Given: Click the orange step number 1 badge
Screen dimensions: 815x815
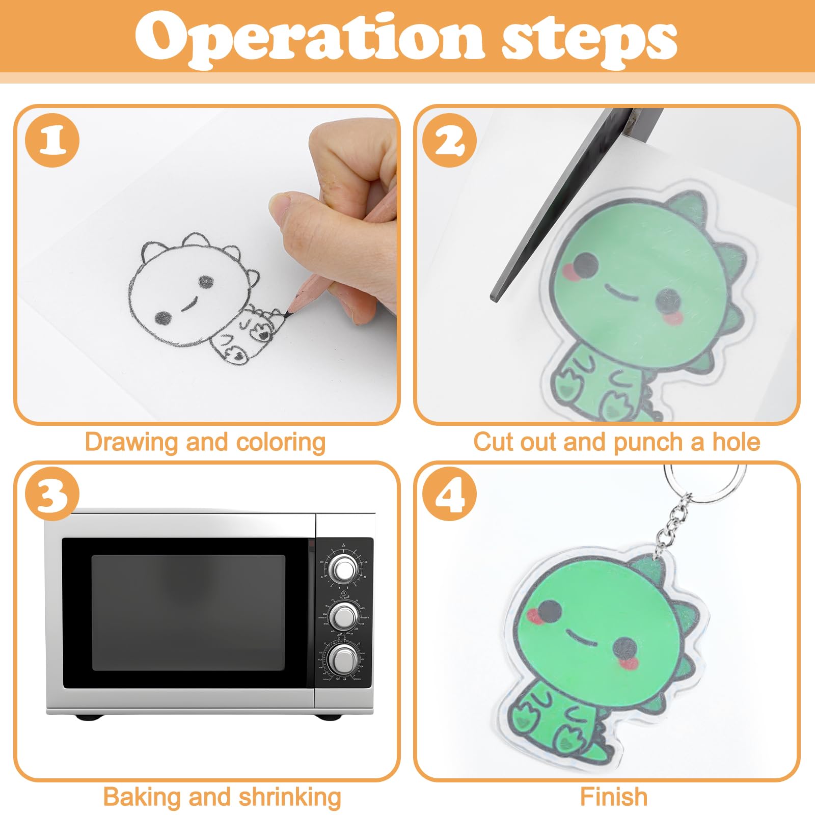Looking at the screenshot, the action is click(x=52, y=141).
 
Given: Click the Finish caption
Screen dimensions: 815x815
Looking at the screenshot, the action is click(x=613, y=797).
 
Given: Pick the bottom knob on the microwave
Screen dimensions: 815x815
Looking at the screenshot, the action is click(x=343, y=659).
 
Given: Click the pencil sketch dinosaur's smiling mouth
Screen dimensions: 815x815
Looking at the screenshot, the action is click(x=191, y=304).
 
